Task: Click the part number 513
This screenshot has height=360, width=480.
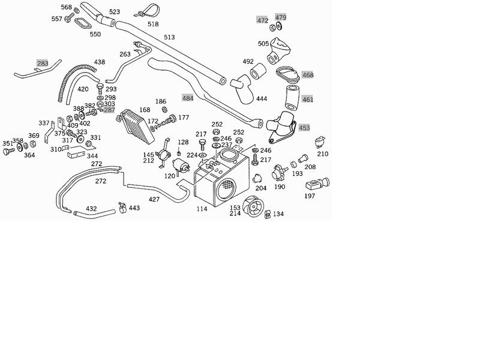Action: (169, 37)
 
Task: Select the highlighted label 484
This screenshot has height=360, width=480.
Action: (188, 97)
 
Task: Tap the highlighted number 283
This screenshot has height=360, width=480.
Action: (43, 63)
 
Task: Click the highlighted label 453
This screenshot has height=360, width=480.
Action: (304, 127)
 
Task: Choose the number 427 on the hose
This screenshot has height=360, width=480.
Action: (154, 199)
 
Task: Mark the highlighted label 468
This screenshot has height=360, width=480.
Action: (308, 75)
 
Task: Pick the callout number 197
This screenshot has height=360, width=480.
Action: (310, 196)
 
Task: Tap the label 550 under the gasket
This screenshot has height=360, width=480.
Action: (95, 34)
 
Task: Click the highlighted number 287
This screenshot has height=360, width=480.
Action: (109, 110)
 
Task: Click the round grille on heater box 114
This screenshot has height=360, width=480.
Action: (226, 187)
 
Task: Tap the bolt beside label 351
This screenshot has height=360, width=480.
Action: (8, 152)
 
